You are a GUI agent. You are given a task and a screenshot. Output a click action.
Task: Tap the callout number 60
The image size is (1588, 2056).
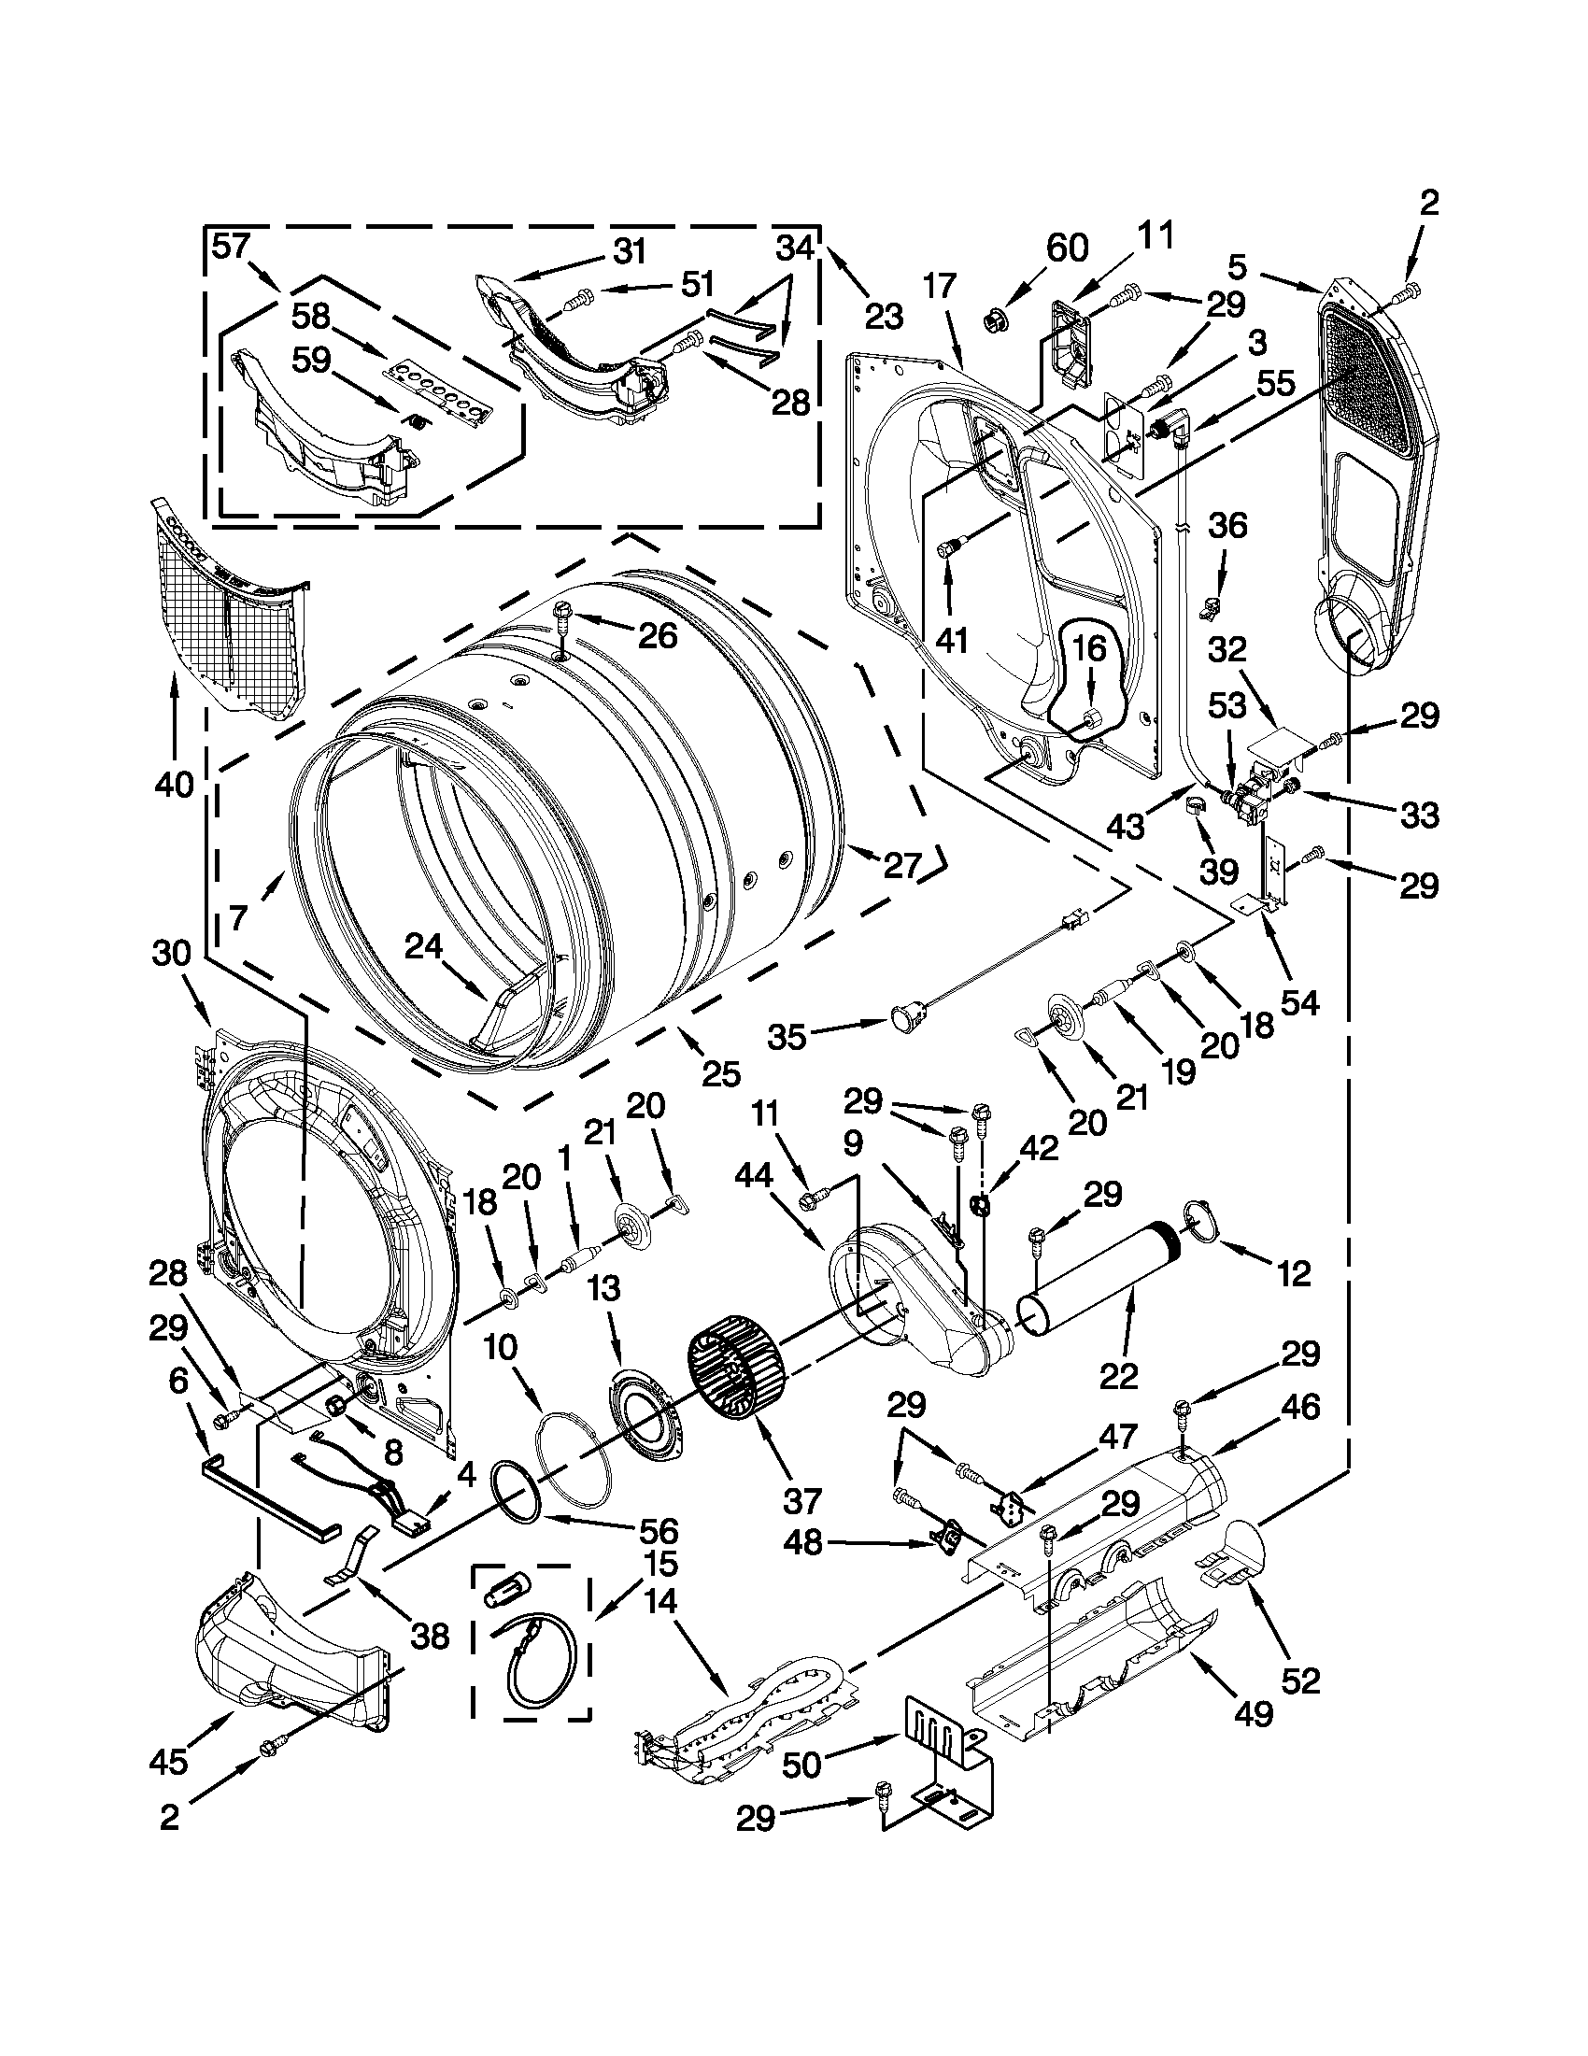pyautogui.click(x=1067, y=248)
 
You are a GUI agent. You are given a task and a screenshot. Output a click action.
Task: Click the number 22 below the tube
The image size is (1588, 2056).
pyautogui.click(x=1117, y=1376)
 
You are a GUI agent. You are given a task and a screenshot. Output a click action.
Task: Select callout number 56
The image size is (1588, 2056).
pyautogui.click(x=659, y=1530)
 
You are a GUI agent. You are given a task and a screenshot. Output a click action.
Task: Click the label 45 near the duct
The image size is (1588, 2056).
pyautogui.click(x=168, y=1762)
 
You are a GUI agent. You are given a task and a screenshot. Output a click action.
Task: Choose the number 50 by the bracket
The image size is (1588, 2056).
pyautogui.click(x=803, y=1766)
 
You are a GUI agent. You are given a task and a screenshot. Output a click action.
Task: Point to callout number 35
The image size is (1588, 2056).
pyautogui.click(x=787, y=1037)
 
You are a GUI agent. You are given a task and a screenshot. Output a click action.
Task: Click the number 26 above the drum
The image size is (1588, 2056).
pyautogui.click(x=657, y=636)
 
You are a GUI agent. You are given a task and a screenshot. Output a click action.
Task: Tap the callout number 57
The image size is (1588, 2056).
pyautogui.click(x=231, y=246)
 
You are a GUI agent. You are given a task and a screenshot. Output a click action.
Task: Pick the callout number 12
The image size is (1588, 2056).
pyautogui.click(x=1295, y=1274)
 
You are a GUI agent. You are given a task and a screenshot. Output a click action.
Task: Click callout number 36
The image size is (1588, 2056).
pyautogui.click(x=1226, y=525)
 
